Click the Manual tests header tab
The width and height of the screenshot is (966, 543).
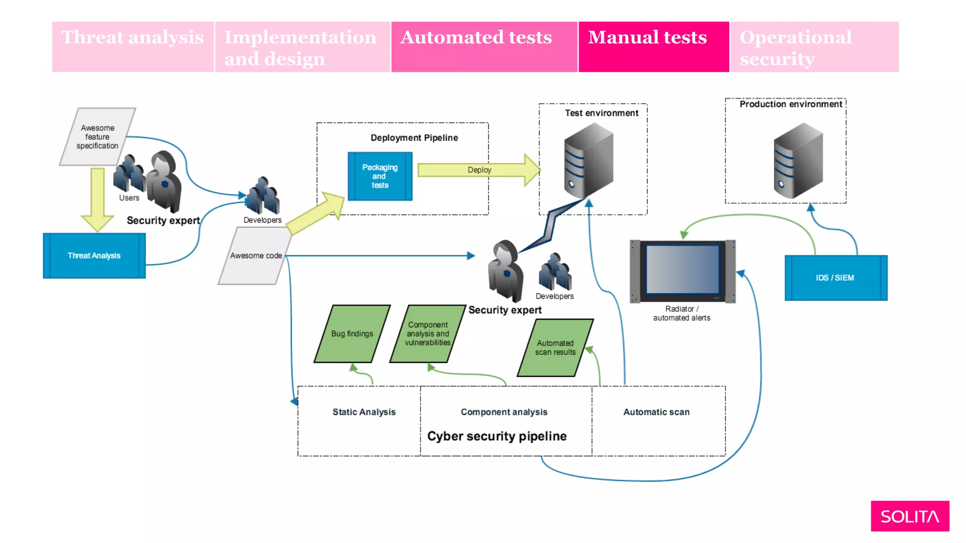653,47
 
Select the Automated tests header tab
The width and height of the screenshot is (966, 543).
484,47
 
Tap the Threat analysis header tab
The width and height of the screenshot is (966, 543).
133,47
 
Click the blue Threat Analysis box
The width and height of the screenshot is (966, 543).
94,255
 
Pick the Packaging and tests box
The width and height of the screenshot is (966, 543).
380,176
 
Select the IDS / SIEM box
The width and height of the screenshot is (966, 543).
835,278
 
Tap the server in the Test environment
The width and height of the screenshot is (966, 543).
589,160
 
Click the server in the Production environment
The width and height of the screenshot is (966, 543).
798,160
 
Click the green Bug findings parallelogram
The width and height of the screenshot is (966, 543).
352,334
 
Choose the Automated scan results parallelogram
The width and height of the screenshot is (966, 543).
555,348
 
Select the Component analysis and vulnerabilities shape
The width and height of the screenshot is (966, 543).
427,334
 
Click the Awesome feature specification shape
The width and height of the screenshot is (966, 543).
98,137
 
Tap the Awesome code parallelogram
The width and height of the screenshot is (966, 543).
256,255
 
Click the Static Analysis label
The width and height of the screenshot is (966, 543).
364,412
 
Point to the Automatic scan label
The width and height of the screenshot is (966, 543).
656,412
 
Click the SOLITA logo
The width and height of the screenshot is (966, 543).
909,516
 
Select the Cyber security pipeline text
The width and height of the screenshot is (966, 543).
497,436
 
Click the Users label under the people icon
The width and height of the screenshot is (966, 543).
129,198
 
